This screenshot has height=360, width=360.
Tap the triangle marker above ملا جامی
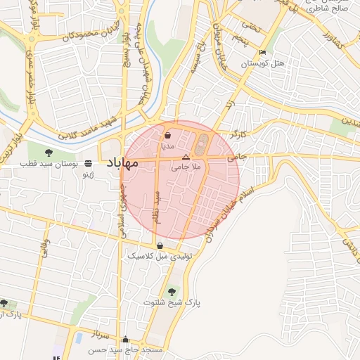tap(186, 155)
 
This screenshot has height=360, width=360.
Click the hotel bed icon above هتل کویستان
tap(263, 53)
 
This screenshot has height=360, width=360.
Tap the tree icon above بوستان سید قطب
tap(49, 152)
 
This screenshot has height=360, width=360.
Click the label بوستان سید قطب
tap(48, 164)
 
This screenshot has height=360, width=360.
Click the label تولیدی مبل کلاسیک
tap(160, 257)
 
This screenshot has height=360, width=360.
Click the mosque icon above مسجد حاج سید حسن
tap(125, 338)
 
